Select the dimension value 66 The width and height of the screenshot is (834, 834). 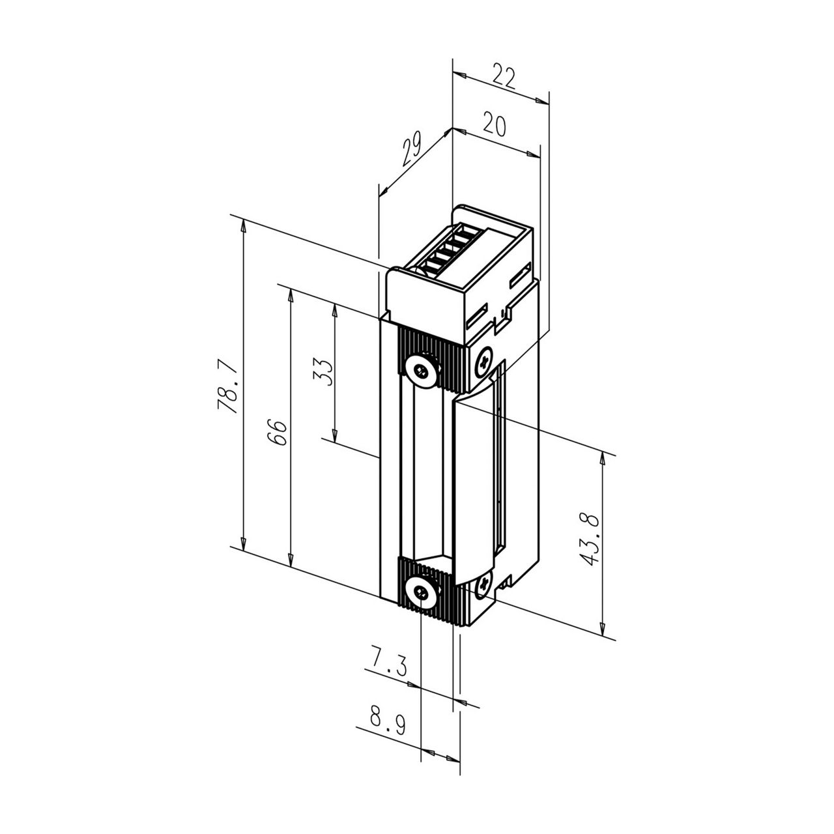[x=278, y=431]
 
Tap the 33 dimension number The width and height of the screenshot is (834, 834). [x=323, y=372]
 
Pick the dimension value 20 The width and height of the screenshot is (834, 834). [x=495, y=124]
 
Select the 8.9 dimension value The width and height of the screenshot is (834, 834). [x=387, y=720]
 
